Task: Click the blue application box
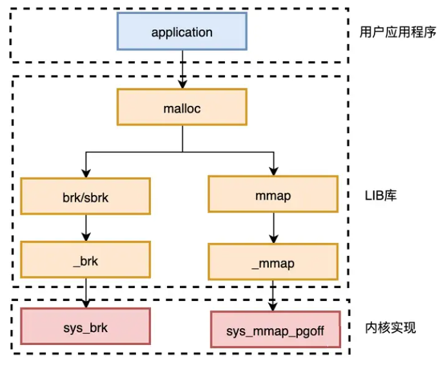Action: click(182, 31)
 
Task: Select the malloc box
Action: click(182, 107)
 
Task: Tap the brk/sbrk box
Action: click(86, 196)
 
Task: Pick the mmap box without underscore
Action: click(273, 194)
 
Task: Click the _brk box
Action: click(86, 260)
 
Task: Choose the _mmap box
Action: click(273, 262)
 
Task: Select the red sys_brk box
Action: click(86, 326)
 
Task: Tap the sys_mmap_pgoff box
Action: click(275, 329)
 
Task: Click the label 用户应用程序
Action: click(398, 32)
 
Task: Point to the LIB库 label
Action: click(380, 195)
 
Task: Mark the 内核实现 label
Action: click(390, 328)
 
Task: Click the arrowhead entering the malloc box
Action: click(182, 84)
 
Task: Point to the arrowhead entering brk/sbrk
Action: click(86, 173)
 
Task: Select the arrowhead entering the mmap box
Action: click(273, 171)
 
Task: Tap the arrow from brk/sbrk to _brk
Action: click(86, 228)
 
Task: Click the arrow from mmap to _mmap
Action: click(273, 228)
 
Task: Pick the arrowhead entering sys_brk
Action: click(86, 304)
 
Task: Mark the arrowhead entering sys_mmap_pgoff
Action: click(273, 307)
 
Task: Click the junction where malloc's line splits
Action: click(182, 152)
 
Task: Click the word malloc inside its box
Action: click(182, 109)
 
